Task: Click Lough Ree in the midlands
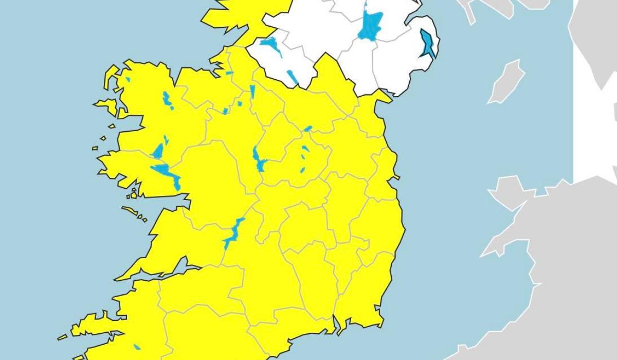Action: point(258,159)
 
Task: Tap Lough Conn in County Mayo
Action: point(168,100)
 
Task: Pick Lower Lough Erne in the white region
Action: point(271,46)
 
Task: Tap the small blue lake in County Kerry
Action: point(137,347)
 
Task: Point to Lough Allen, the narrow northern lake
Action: point(252,93)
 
